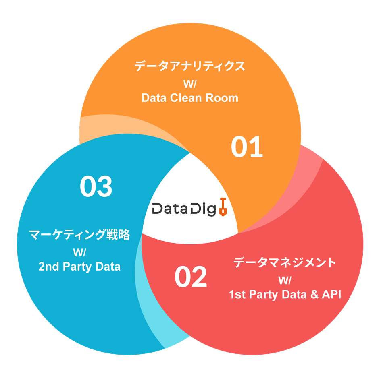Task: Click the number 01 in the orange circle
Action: tap(247, 147)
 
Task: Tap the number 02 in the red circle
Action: tap(191, 277)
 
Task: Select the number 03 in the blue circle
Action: tap(96, 186)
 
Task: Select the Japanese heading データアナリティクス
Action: tap(190, 66)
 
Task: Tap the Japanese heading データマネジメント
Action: tap(285, 263)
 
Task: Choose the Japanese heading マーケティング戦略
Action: tap(80, 235)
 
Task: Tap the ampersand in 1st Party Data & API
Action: tap(311, 295)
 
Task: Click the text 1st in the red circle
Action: tap(237, 295)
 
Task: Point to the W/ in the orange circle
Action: tap(189, 84)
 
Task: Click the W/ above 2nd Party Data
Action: tap(80, 252)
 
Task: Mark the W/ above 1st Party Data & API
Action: tap(285, 280)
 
